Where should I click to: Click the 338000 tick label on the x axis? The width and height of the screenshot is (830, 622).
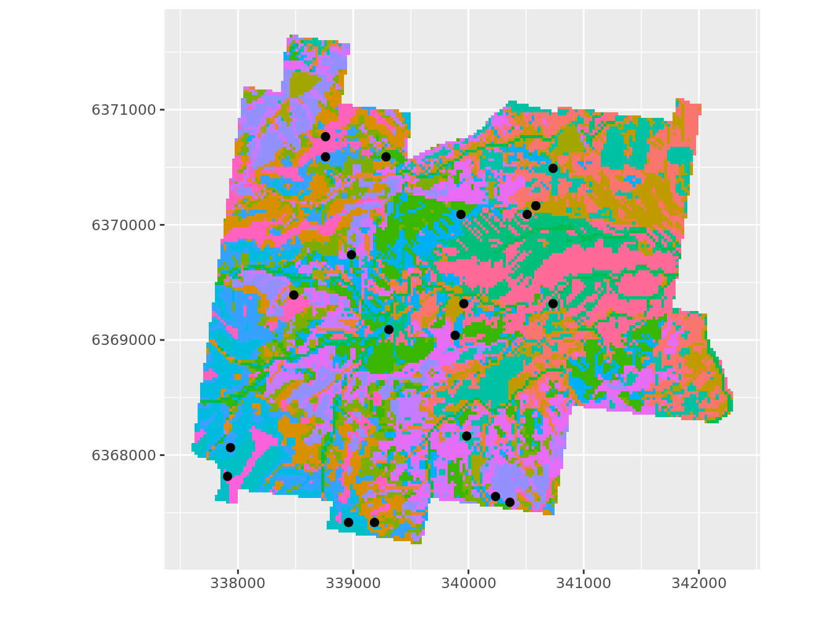238,583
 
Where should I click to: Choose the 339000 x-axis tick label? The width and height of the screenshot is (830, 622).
353,583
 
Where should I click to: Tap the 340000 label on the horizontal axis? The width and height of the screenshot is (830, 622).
468,583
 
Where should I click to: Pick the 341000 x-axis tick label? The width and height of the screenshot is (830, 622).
584,583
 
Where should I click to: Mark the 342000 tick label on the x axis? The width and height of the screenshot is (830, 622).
698,583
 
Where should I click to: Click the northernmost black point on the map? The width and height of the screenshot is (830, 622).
325,136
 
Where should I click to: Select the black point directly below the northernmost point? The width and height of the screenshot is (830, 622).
325,157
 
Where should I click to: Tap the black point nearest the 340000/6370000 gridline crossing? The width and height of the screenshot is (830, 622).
461,214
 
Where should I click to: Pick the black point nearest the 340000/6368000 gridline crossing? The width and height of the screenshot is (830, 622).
466,436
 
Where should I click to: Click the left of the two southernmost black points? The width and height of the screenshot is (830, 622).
348,522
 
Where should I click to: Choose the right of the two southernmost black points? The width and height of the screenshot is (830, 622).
374,522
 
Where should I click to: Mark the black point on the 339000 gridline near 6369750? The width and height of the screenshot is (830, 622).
351,254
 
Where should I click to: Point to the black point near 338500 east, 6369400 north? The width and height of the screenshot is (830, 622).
293,295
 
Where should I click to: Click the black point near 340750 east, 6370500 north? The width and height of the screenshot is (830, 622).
553,168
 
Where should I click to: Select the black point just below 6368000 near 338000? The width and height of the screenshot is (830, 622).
227,476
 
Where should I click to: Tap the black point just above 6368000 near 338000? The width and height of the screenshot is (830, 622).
230,447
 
